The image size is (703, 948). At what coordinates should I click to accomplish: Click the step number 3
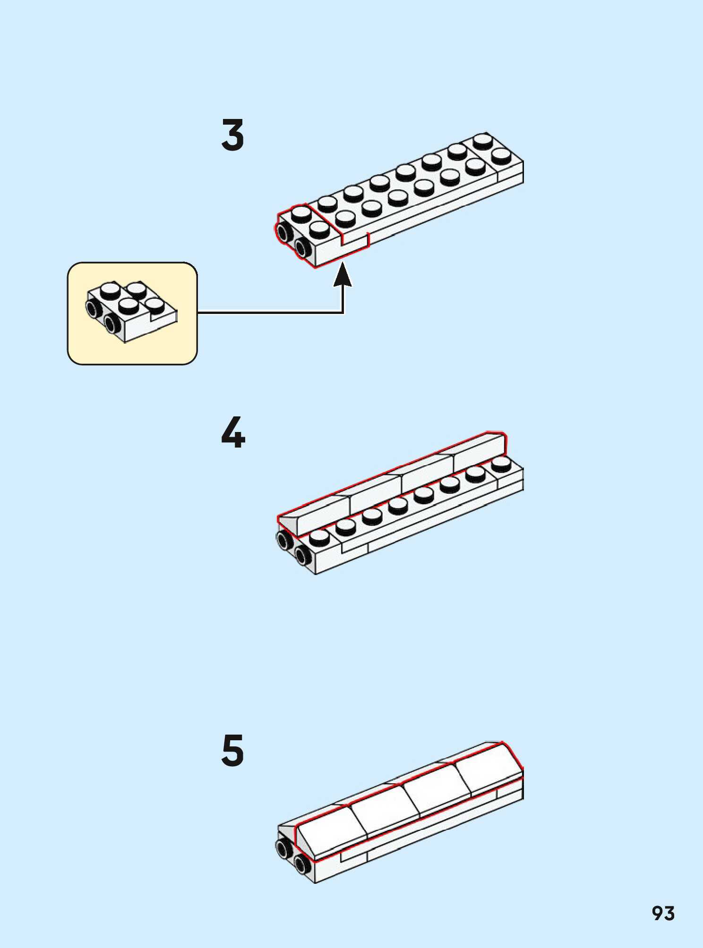point(233,135)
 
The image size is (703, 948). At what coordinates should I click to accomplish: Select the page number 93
point(663,914)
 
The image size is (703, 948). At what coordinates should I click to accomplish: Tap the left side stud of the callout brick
point(93,308)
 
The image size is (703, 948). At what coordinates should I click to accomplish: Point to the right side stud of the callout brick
point(112,323)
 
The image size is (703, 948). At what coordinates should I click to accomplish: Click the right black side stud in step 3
point(302,246)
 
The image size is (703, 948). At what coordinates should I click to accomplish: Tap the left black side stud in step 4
point(284,540)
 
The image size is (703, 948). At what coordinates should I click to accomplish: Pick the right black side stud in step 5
point(302,863)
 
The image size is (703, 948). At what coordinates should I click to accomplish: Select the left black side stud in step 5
point(284,849)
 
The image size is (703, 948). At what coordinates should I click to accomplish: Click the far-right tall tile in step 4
point(478,452)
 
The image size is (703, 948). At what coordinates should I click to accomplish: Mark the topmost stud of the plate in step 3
point(482,141)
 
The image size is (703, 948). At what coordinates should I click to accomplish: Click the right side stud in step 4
point(302,554)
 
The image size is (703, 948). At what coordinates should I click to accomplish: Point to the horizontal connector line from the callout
point(269,312)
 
